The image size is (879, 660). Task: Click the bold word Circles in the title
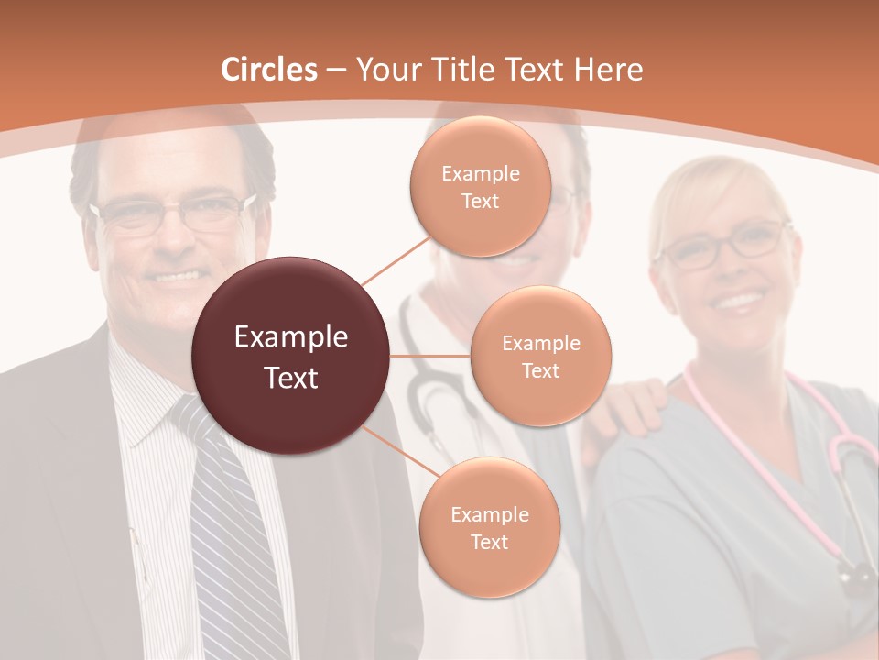pyautogui.click(x=269, y=70)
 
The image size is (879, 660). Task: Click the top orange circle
pyautogui.click(x=480, y=186)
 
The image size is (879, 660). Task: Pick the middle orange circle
pyautogui.click(x=540, y=356)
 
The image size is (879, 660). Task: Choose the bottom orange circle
pyautogui.click(x=489, y=528)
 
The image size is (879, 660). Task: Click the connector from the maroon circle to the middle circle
pyautogui.click(x=430, y=356)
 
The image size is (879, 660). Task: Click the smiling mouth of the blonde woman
pyautogui.click(x=739, y=300)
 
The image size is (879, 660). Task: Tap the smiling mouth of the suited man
pyautogui.click(x=178, y=274)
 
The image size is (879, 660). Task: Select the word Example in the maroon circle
pyautogui.click(x=291, y=337)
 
